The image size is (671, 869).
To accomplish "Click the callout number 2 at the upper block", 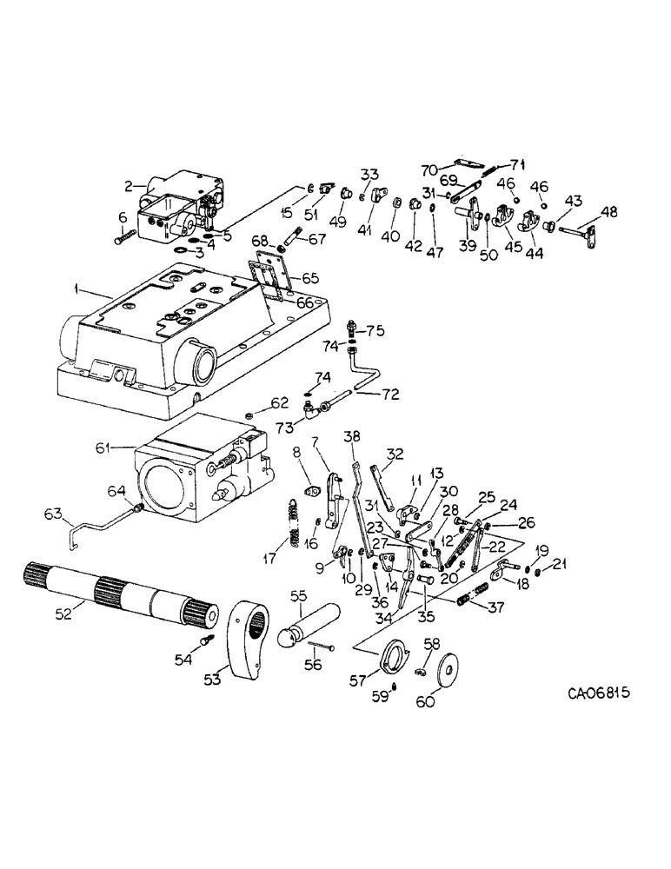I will (x=128, y=185).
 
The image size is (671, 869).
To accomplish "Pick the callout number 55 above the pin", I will (x=298, y=596).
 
